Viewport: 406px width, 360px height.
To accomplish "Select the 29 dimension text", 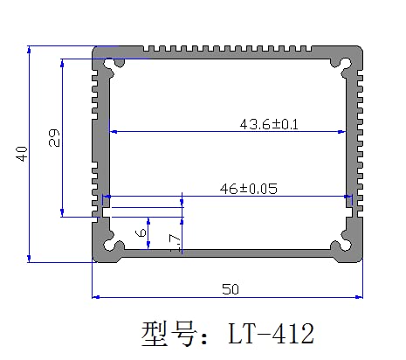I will tap(53, 138).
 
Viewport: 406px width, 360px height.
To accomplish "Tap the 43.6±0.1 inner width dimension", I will tap(269, 124).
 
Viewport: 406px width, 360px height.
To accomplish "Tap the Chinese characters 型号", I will tap(169, 334).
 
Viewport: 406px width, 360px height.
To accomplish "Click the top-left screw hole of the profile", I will tap(111, 65).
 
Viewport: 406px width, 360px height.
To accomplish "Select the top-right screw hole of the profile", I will tap(344, 65).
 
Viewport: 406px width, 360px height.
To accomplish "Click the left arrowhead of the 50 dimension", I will tap(97, 297).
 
